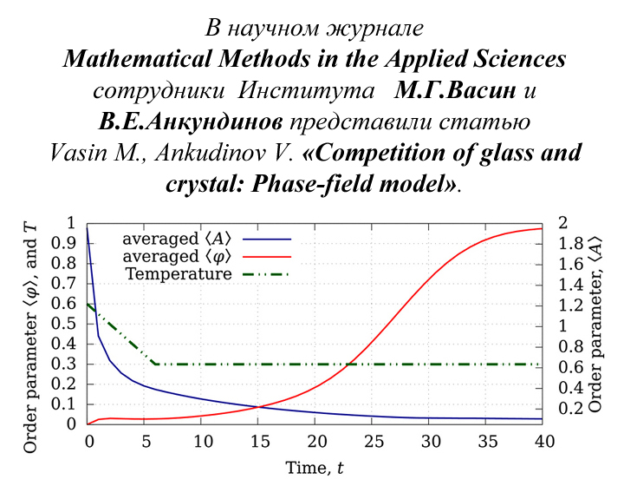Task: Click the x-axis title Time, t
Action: click(315, 469)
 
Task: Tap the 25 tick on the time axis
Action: click(373, 442)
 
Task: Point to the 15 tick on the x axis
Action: click(259, 442)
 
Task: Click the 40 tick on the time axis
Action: click(543, 442)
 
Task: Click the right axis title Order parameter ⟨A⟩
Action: click(595, 323)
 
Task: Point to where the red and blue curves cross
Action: click(257, 407)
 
